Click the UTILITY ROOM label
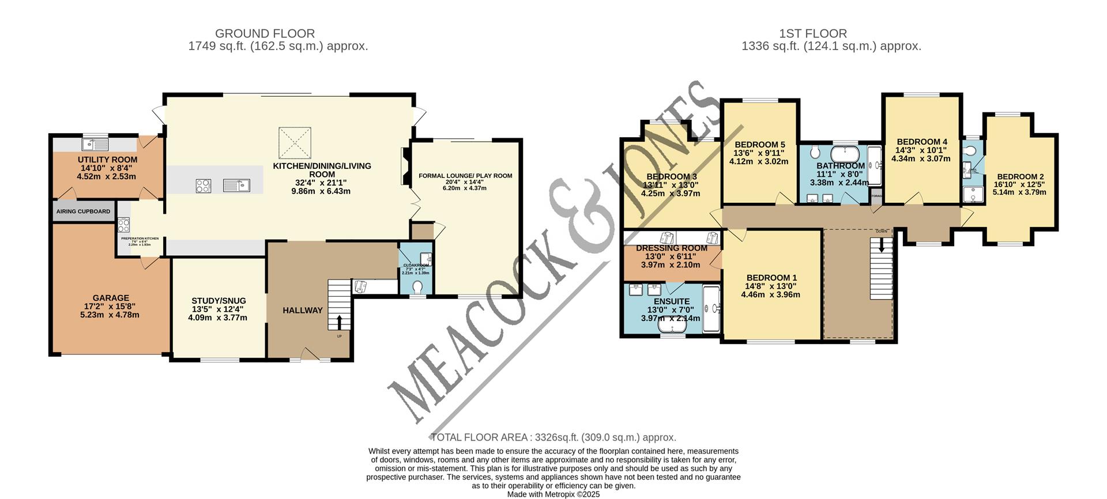point(107,160)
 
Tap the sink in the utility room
point(96,143)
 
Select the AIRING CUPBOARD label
point(83,211)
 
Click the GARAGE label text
point(110,298)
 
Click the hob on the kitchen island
point(203,186)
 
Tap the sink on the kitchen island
point(236,185)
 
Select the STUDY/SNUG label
point(219,301)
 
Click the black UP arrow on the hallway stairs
point(338,322)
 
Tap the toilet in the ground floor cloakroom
point(419,286)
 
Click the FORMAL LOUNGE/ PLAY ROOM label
point(465,176)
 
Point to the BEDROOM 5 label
point(759,145)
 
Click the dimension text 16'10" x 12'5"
point(1020,184)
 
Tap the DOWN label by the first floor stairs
point(882,231)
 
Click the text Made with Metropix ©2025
point(553,494)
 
